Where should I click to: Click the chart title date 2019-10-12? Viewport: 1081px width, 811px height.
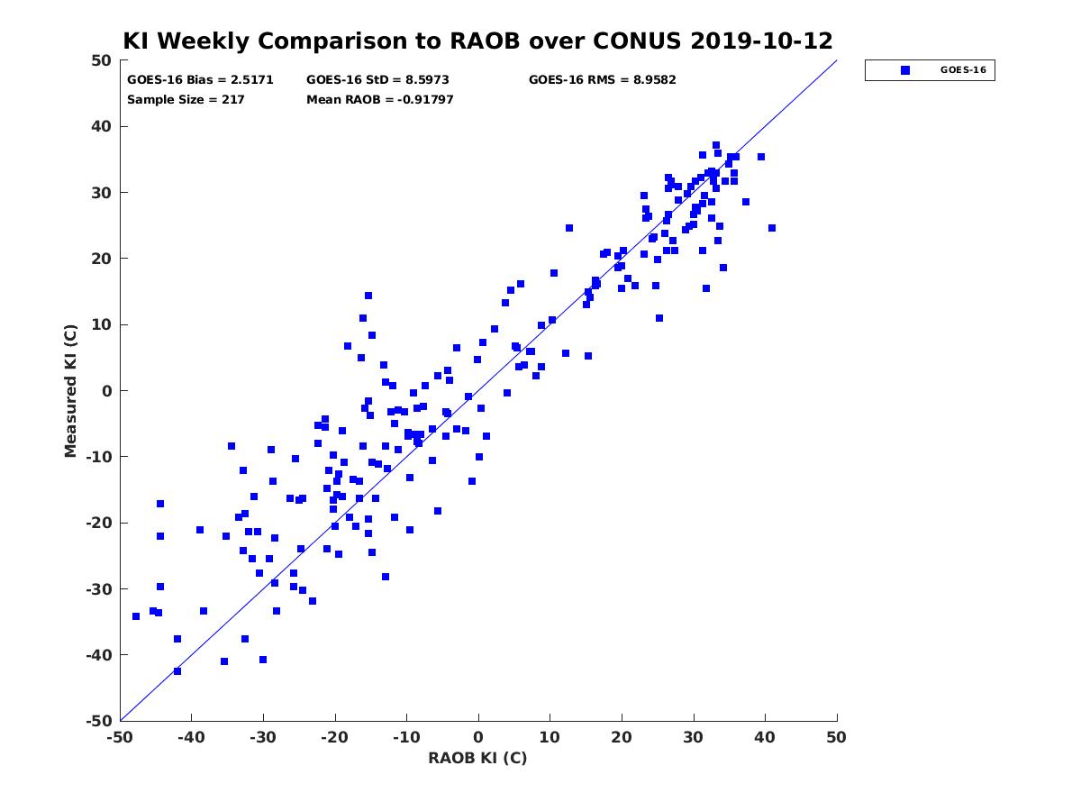(x=761, y=41)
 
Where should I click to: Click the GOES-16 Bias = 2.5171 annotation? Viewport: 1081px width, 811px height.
(x=200, y=80)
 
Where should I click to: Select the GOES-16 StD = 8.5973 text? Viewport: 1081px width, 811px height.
(x=377, y=80)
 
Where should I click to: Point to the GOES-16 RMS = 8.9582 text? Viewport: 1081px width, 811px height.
(x=602, y=80)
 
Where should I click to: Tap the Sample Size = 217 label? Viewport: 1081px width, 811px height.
(x=186, y=100)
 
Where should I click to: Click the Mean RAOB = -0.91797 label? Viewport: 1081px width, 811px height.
(x=380, y=100)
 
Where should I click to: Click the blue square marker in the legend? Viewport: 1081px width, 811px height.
(x=904, y=70)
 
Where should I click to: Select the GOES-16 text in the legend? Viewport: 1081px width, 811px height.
(x=963, y=70)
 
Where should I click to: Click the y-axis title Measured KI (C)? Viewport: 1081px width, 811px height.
(x=70, y=391)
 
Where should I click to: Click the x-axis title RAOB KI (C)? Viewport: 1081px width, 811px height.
(x=477, y=757)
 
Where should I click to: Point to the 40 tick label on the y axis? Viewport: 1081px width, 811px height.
(x=102, y=126)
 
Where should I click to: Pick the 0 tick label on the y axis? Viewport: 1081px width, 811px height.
(x=107, y=391)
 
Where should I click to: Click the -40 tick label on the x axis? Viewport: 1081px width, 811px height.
(x=191, y=737)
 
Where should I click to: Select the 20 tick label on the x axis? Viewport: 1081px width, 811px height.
(x=622, y=737)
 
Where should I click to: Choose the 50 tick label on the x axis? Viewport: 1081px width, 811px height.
(x=836, y=737)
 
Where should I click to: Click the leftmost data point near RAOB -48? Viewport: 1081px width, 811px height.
(x=136, y=616)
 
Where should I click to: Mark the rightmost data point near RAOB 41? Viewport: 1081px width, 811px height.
(x=772, y=228)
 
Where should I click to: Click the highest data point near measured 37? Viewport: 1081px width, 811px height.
(x=716, y=145)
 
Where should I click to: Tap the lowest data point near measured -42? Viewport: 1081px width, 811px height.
(x=177, y=671)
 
